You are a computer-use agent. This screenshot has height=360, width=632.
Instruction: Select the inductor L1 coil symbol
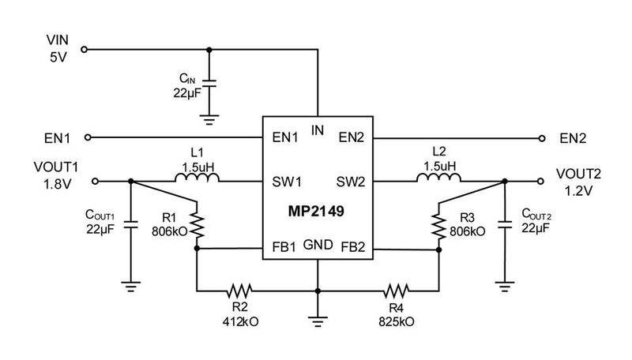point(197,180)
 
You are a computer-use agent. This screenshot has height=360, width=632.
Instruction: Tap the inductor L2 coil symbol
point(438,180)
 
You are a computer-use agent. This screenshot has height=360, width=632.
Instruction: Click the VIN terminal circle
point(85,49)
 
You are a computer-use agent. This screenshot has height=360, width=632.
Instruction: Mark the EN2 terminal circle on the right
point(542,137)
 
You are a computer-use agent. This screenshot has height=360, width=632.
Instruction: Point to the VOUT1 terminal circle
point(96,181)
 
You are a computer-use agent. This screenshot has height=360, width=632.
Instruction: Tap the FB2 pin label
point(352,247)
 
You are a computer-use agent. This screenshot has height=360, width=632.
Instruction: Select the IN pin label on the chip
point(318,130)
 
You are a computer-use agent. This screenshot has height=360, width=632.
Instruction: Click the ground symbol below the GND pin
point(318,321)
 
